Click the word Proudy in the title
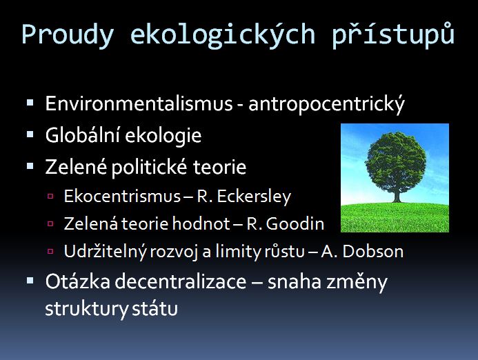coord(68,35)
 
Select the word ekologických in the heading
coord(223,34)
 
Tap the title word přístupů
coord(393,34)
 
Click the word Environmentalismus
coord(139,103)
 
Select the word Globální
coord(82,134)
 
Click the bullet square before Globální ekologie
coord(30,134)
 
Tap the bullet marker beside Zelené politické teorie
coord(30,166)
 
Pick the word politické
coord(149,167)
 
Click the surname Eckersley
coord(254,197)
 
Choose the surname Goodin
coord(295,223)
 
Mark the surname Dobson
coord(373,252)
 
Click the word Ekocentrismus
coord(122,196)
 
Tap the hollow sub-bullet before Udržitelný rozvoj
coord(50,252)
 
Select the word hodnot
coord(201,223)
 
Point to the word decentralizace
coord(181,281)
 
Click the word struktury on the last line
coord(87,309)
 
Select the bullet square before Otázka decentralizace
coord(30,281)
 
